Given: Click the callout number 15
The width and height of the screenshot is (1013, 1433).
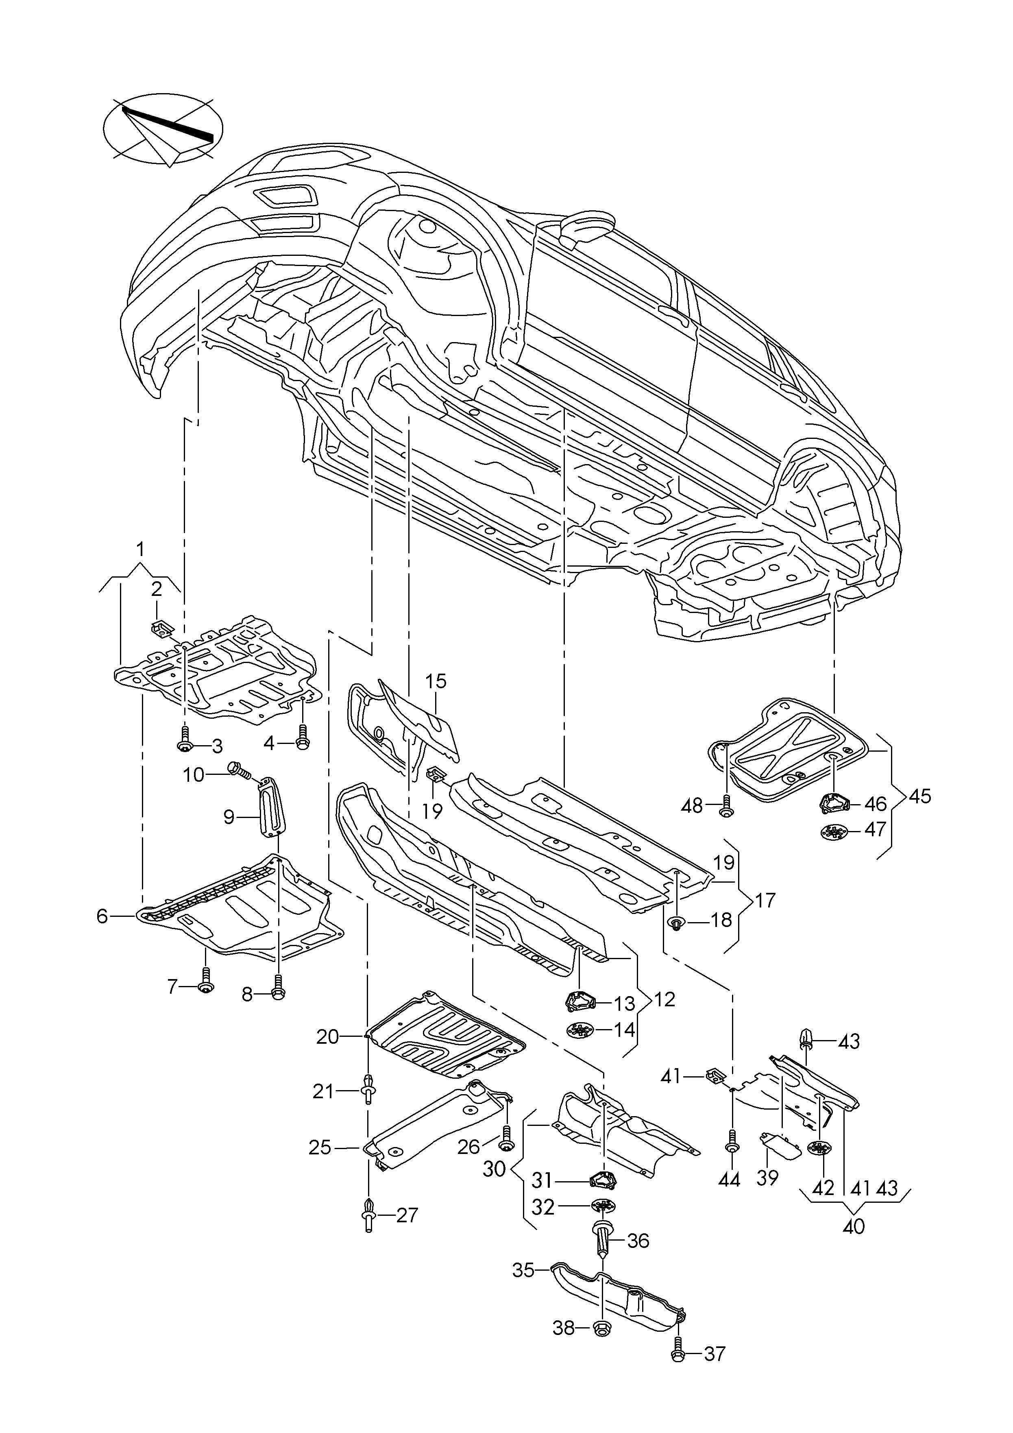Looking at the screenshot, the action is coord(436,681).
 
